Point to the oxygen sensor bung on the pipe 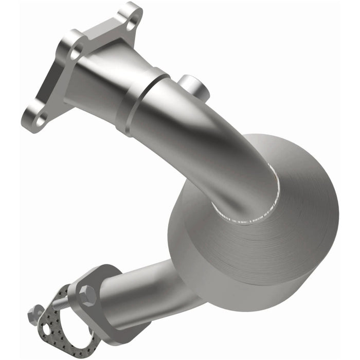coord(194,87)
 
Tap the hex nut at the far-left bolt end coord(36,312)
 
